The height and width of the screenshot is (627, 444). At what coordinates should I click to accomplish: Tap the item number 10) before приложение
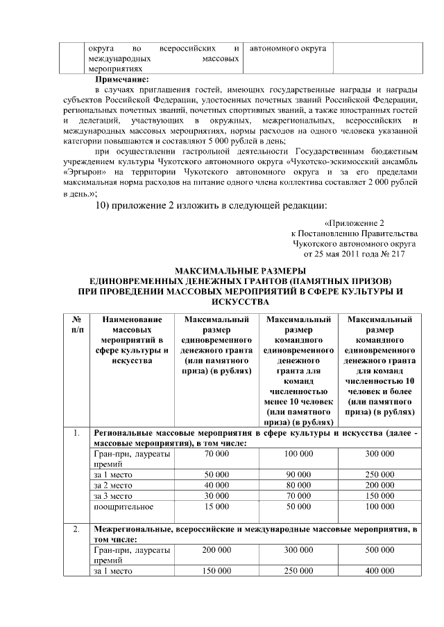click(103, 204)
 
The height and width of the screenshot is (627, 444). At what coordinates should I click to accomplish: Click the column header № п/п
click(76, 325)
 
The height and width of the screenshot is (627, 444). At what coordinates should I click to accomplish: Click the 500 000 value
click(379, 549)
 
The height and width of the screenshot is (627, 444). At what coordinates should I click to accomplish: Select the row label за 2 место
click(114, 486)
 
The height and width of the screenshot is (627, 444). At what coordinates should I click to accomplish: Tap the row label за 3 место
click(114, 496)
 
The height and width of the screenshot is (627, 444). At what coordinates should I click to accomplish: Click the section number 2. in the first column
click(76, 529)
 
